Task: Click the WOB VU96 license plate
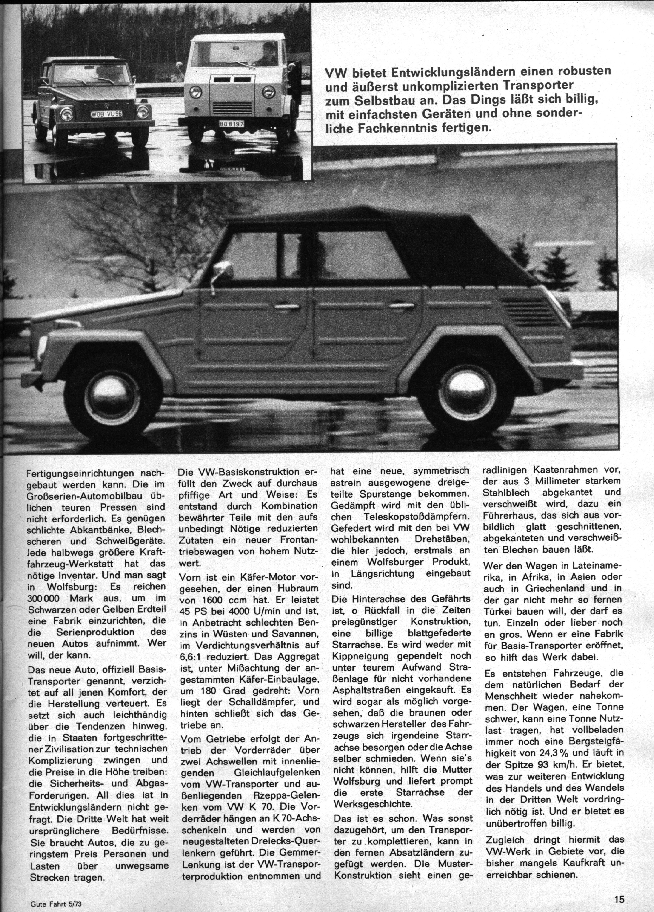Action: tap(105, 114)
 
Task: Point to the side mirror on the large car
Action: tap(223, 270)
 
